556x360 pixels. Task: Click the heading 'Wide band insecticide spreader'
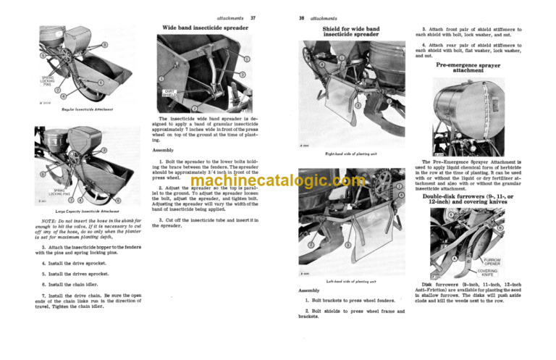click(205, 28)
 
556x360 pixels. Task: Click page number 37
click(253, 17)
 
